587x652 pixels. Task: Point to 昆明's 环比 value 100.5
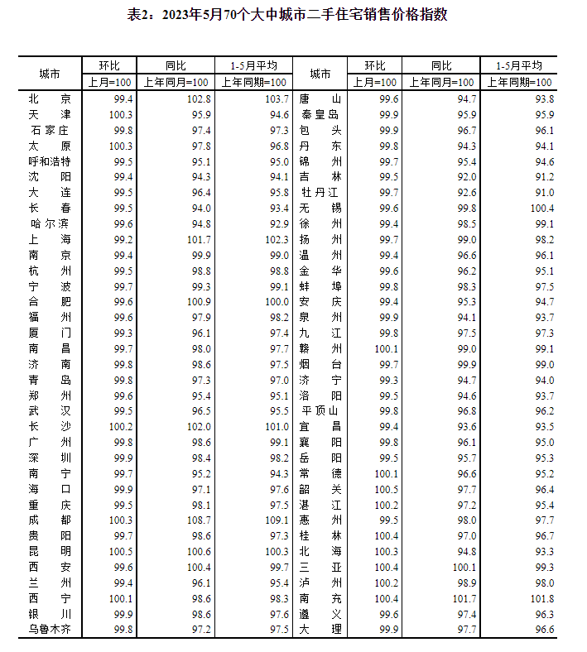pos(120,551)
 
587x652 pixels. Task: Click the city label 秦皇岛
pos(320,114)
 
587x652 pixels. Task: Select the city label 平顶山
pos(320,410)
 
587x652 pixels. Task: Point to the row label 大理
pos(320,630)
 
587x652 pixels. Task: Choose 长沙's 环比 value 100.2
pos(120,426)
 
